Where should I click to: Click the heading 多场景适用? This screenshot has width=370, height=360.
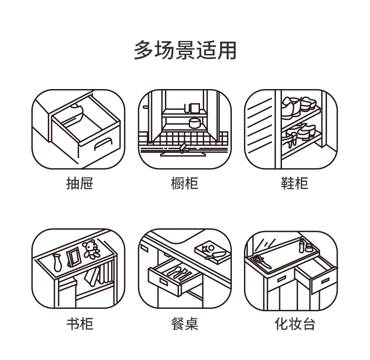tap(185, 50)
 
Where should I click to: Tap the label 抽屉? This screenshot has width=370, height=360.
tap(79, 183)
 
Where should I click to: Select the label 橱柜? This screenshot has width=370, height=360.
tap(185, 183)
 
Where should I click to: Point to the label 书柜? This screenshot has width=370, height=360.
tap(79, 324)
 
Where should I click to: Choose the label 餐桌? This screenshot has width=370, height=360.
tap(185, 324)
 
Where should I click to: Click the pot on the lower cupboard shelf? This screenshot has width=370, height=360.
tap(194, 123)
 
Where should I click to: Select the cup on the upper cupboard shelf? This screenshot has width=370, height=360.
tap(189, 108)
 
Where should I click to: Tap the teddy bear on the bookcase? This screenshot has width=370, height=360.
tap(92, 249)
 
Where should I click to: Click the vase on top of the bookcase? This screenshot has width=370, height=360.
tap(57, 262)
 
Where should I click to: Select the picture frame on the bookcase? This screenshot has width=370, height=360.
tap(73, 257)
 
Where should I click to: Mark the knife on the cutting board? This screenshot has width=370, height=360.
tap(217, 255)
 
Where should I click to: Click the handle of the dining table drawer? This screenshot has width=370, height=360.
tap(163, 281)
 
